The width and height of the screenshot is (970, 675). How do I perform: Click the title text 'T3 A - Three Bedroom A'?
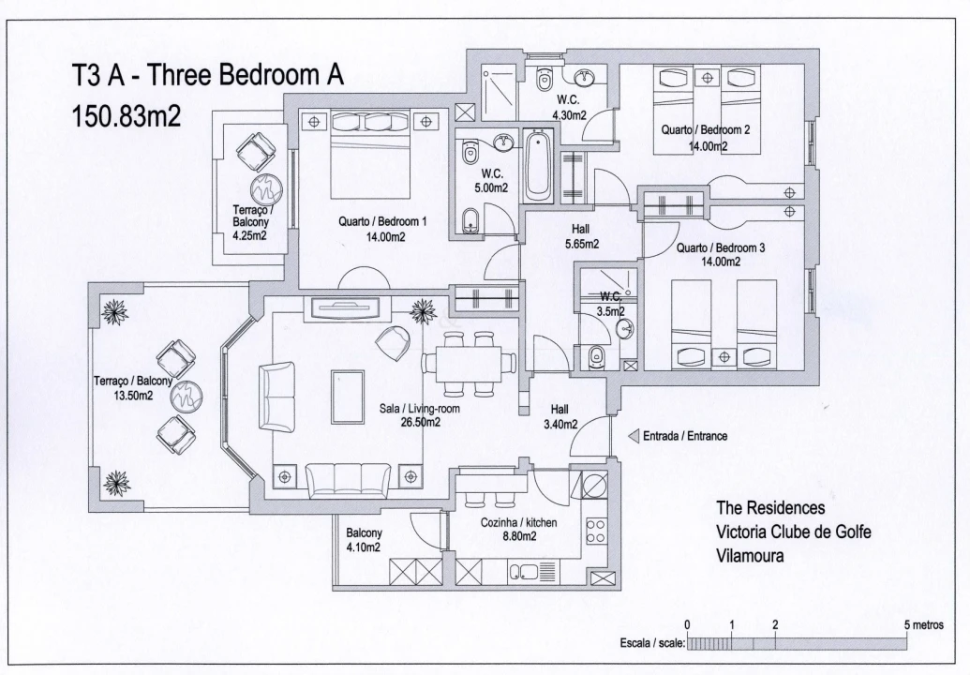208,77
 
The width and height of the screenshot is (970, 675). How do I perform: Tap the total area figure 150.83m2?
127,116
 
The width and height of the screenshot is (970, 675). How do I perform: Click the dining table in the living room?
469,362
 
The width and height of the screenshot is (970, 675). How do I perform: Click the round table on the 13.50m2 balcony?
187,395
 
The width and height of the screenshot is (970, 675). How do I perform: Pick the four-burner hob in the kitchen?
595,532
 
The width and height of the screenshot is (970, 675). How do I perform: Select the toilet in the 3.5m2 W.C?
596,356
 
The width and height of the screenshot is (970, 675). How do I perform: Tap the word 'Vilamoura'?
751,555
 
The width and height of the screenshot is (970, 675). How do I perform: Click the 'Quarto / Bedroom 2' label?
706,130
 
